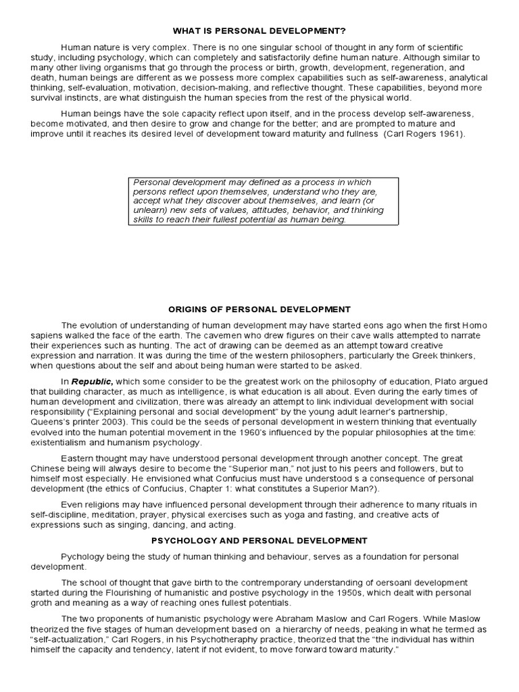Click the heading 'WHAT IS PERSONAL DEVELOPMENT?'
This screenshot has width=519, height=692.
(259, 31)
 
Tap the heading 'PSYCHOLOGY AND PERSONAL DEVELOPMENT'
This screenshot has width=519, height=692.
(259, 541)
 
